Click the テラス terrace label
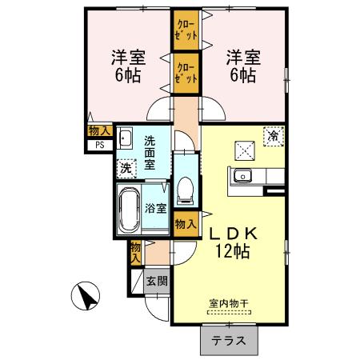[x=229, y=341]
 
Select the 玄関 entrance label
[x=157, y=281]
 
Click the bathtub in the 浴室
[x=129, y=210]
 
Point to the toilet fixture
[x=184, y=190]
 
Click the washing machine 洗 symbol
[x=125, y=168]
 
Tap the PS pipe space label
[x=101, y=145]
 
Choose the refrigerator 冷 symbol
[x=274, y=137]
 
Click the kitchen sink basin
[x=241, y=176]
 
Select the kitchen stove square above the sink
[x=243, y=150]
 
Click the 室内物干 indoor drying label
[x=229, y=303]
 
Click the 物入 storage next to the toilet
[x=185, y=225]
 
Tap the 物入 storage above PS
[x=99, y=130]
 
